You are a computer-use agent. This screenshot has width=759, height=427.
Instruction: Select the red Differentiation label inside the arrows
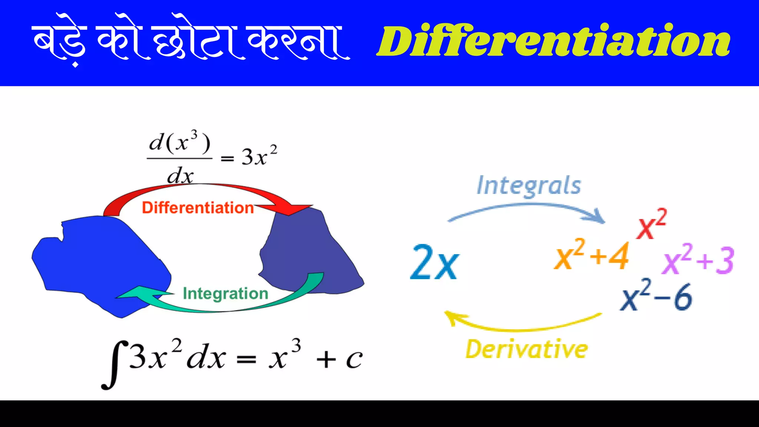pyautogui.click(x=198, y=208)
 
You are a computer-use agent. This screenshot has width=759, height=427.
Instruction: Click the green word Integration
pyautogui.click(x=225, y=294)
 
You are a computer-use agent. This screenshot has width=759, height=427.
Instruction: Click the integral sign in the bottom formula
pyautogui.click(x=113, y=365)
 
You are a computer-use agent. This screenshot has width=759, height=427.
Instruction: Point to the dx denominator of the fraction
pyautogui.click(x=180, y=176)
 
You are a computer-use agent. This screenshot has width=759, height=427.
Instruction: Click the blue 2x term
pyautogui.click(x=435, y=262)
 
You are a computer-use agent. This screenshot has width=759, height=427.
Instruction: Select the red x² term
pyautogui.click(x=651, y=224)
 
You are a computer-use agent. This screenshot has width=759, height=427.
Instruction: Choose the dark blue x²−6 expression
pyautogui.click(x=656, y=297)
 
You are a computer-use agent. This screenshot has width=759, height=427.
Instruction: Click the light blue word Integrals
pyautogui.click(x=529, y=185)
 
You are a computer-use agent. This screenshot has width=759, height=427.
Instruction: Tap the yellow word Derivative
pyautogui.click(x=526, y=349)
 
